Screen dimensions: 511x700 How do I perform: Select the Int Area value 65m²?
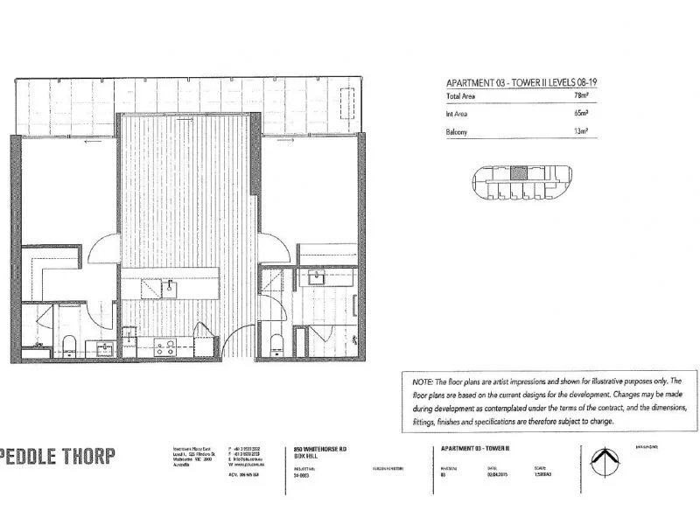(x=580, y=113)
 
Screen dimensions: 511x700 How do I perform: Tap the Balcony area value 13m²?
(x=580, y=132)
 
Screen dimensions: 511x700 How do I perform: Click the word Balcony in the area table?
(x=456, y=132)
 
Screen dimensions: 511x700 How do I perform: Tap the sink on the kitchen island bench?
(x=170, y=287)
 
